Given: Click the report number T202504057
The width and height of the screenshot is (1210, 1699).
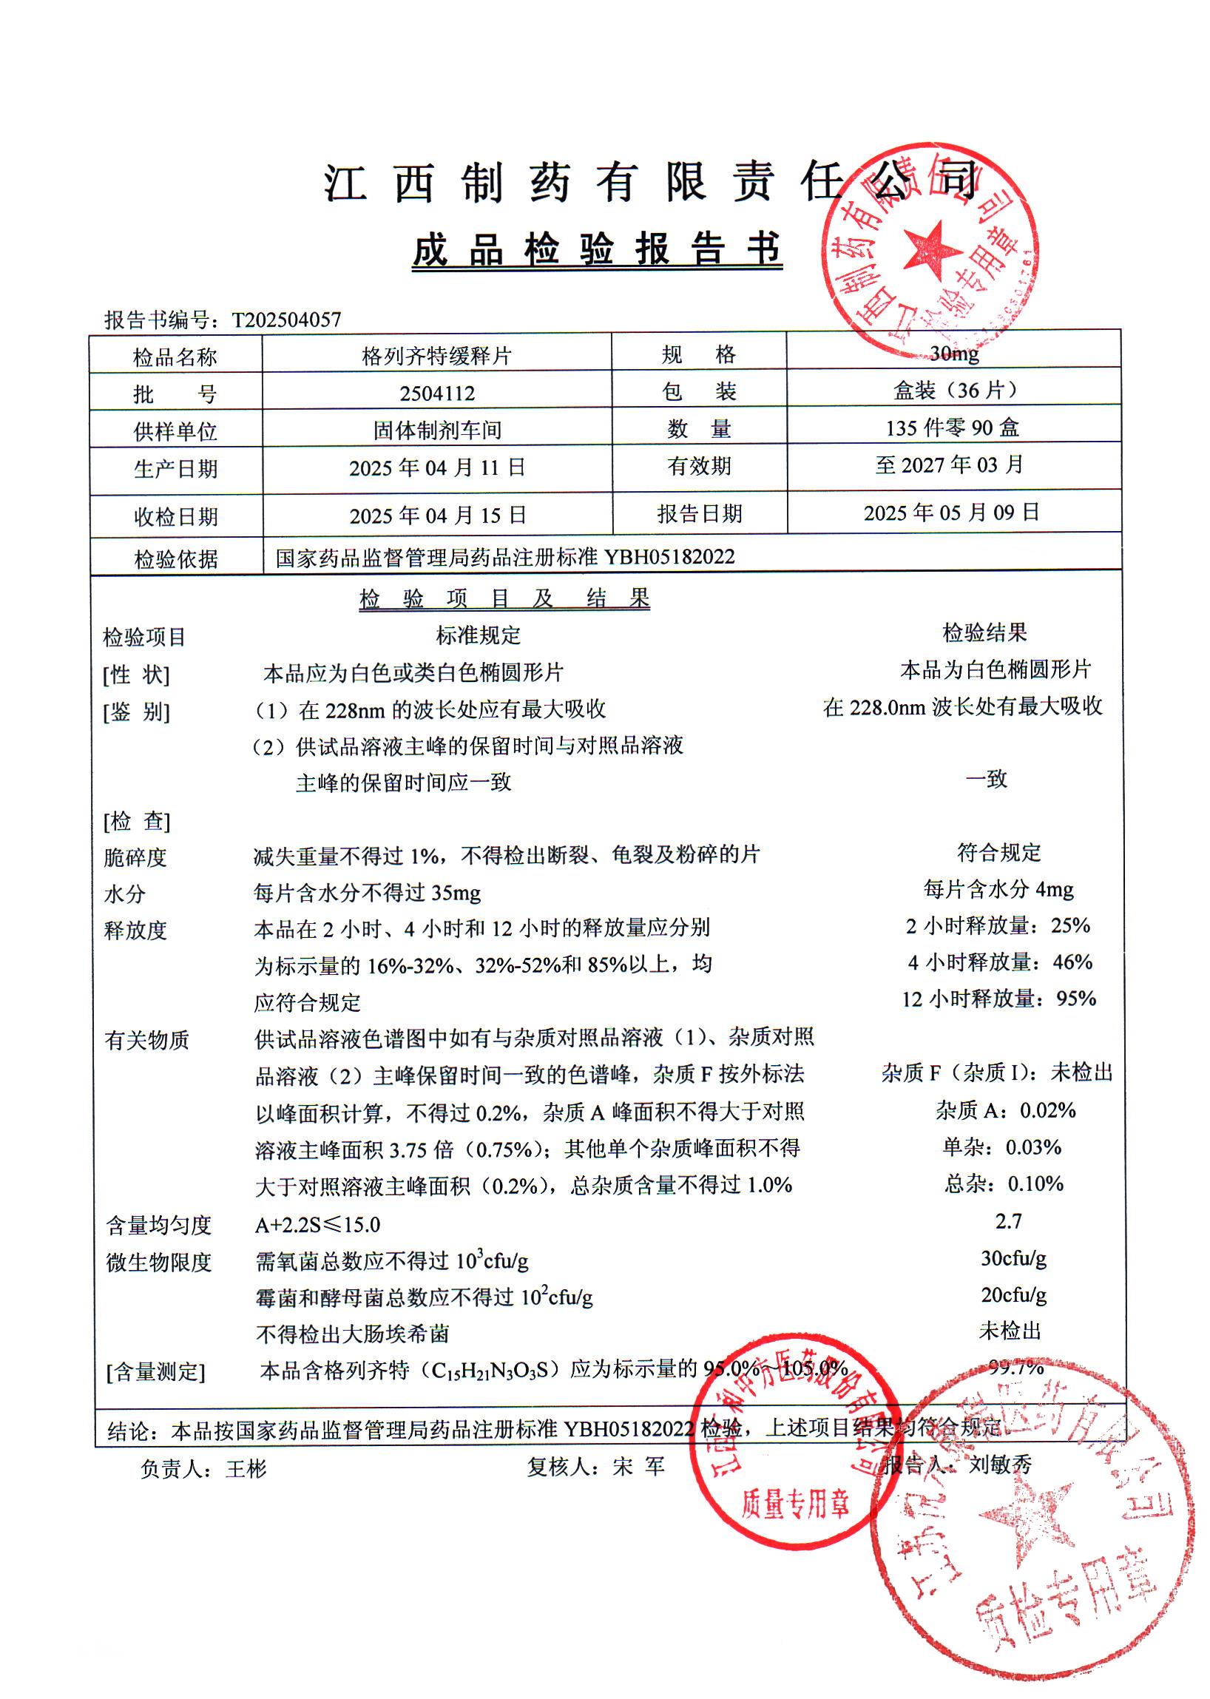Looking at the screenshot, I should click(286, 320).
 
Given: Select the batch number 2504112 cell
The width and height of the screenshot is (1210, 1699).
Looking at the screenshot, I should click(436, 393).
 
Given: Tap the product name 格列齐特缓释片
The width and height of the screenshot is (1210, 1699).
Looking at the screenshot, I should click(436, 356).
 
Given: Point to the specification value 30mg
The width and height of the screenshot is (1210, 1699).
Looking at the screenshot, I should click(953, 354).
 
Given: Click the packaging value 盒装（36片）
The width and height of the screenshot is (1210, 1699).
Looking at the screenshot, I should click(953, 390).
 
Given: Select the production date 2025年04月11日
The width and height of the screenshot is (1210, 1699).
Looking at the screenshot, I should click(437, 467).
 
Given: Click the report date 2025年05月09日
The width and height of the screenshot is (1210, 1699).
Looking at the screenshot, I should click(951, 512).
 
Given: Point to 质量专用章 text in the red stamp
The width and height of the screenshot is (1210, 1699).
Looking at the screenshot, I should click(795, 1506).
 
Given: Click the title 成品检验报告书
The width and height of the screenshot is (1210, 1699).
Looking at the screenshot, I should click(597, 249).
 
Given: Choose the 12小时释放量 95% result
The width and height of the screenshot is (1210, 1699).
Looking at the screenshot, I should click(998, 999).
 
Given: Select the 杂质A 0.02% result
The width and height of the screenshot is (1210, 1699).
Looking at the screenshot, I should click(1006, 1110).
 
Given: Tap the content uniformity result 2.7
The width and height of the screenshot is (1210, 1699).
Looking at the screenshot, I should click(1008, 1220).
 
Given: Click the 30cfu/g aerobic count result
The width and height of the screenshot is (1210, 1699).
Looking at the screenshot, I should click(1013, 1258).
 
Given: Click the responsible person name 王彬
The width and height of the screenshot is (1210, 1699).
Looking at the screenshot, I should click(246, 1469).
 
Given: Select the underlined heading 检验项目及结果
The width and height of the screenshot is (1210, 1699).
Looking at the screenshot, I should click(504, 598).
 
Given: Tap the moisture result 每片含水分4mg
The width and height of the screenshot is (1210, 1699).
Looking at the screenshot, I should click(998, 889).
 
